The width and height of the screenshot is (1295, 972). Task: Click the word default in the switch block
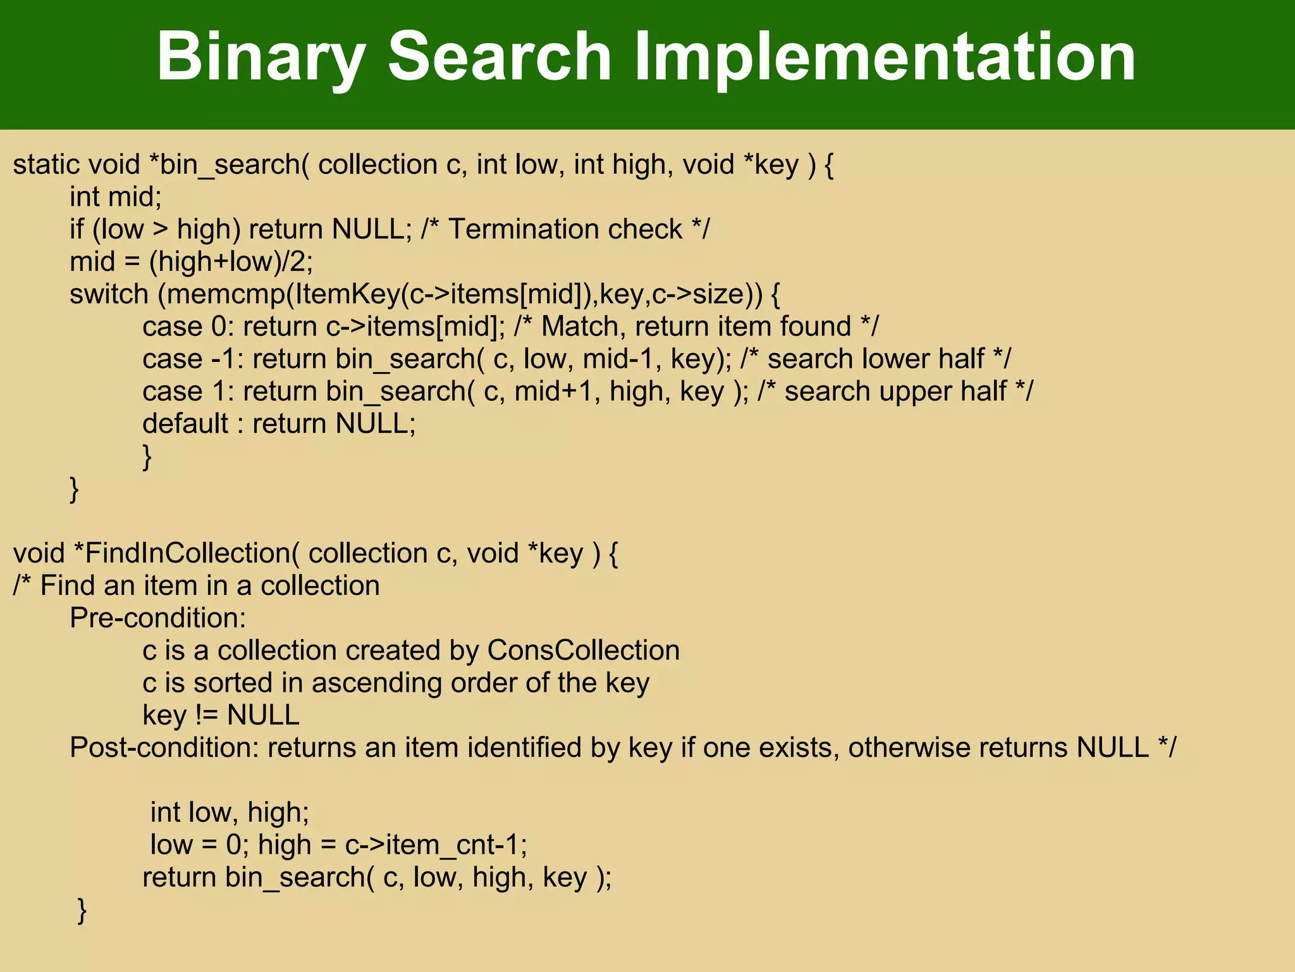(x=185, y=423)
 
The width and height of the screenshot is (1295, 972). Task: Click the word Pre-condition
(x=157, y=618)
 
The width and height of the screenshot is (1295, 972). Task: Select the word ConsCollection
(x=583, y=651)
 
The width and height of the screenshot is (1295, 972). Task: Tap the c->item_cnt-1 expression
(x=436, y=845)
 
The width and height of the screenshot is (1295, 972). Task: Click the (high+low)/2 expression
(x=231, y=262)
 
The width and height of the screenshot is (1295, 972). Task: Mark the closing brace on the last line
(x=82, y=911)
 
